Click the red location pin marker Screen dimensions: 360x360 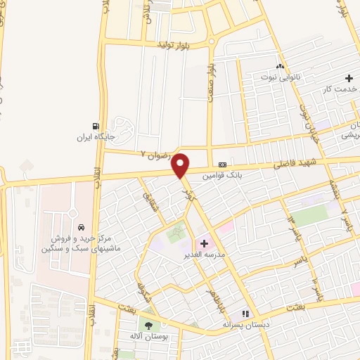pos(181,166)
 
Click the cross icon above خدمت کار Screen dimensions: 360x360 pos(349,78)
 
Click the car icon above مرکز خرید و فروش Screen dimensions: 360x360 pos(82,227)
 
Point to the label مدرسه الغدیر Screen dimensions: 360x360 pos(204,254)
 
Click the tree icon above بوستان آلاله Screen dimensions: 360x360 pos(148,324)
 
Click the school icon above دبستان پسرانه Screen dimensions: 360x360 pos(245,314)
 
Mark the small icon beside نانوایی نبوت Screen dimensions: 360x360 pos(281,66)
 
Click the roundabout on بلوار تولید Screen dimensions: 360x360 pos(212,41)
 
